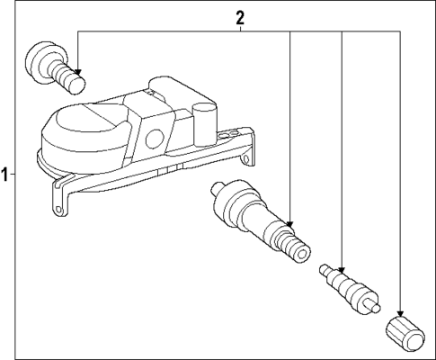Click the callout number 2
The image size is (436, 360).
tap(240, 17)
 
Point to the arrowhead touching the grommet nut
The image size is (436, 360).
tap(79, 73)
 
